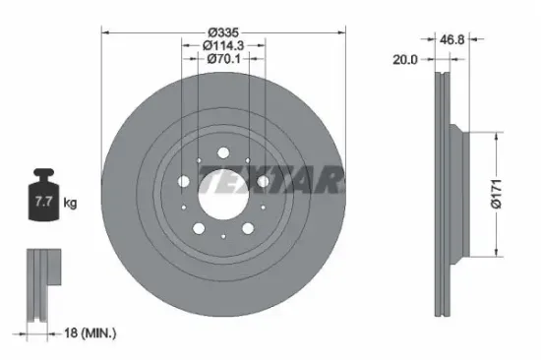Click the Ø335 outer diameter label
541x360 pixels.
pos(223,32)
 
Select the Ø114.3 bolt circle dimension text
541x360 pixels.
pos(223,46)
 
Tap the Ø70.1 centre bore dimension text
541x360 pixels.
pos(223,59)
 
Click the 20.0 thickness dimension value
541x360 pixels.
pos(405,59)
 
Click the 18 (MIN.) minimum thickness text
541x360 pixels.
pos(87,333)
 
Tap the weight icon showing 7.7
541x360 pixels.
pos(42,200)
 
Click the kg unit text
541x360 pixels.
pos(71,204)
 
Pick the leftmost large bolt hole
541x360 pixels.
pos(184,181)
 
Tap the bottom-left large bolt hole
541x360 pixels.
pos(199,227)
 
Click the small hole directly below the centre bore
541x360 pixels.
pos(223,235)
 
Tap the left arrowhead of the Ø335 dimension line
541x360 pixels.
pos(105,32)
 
